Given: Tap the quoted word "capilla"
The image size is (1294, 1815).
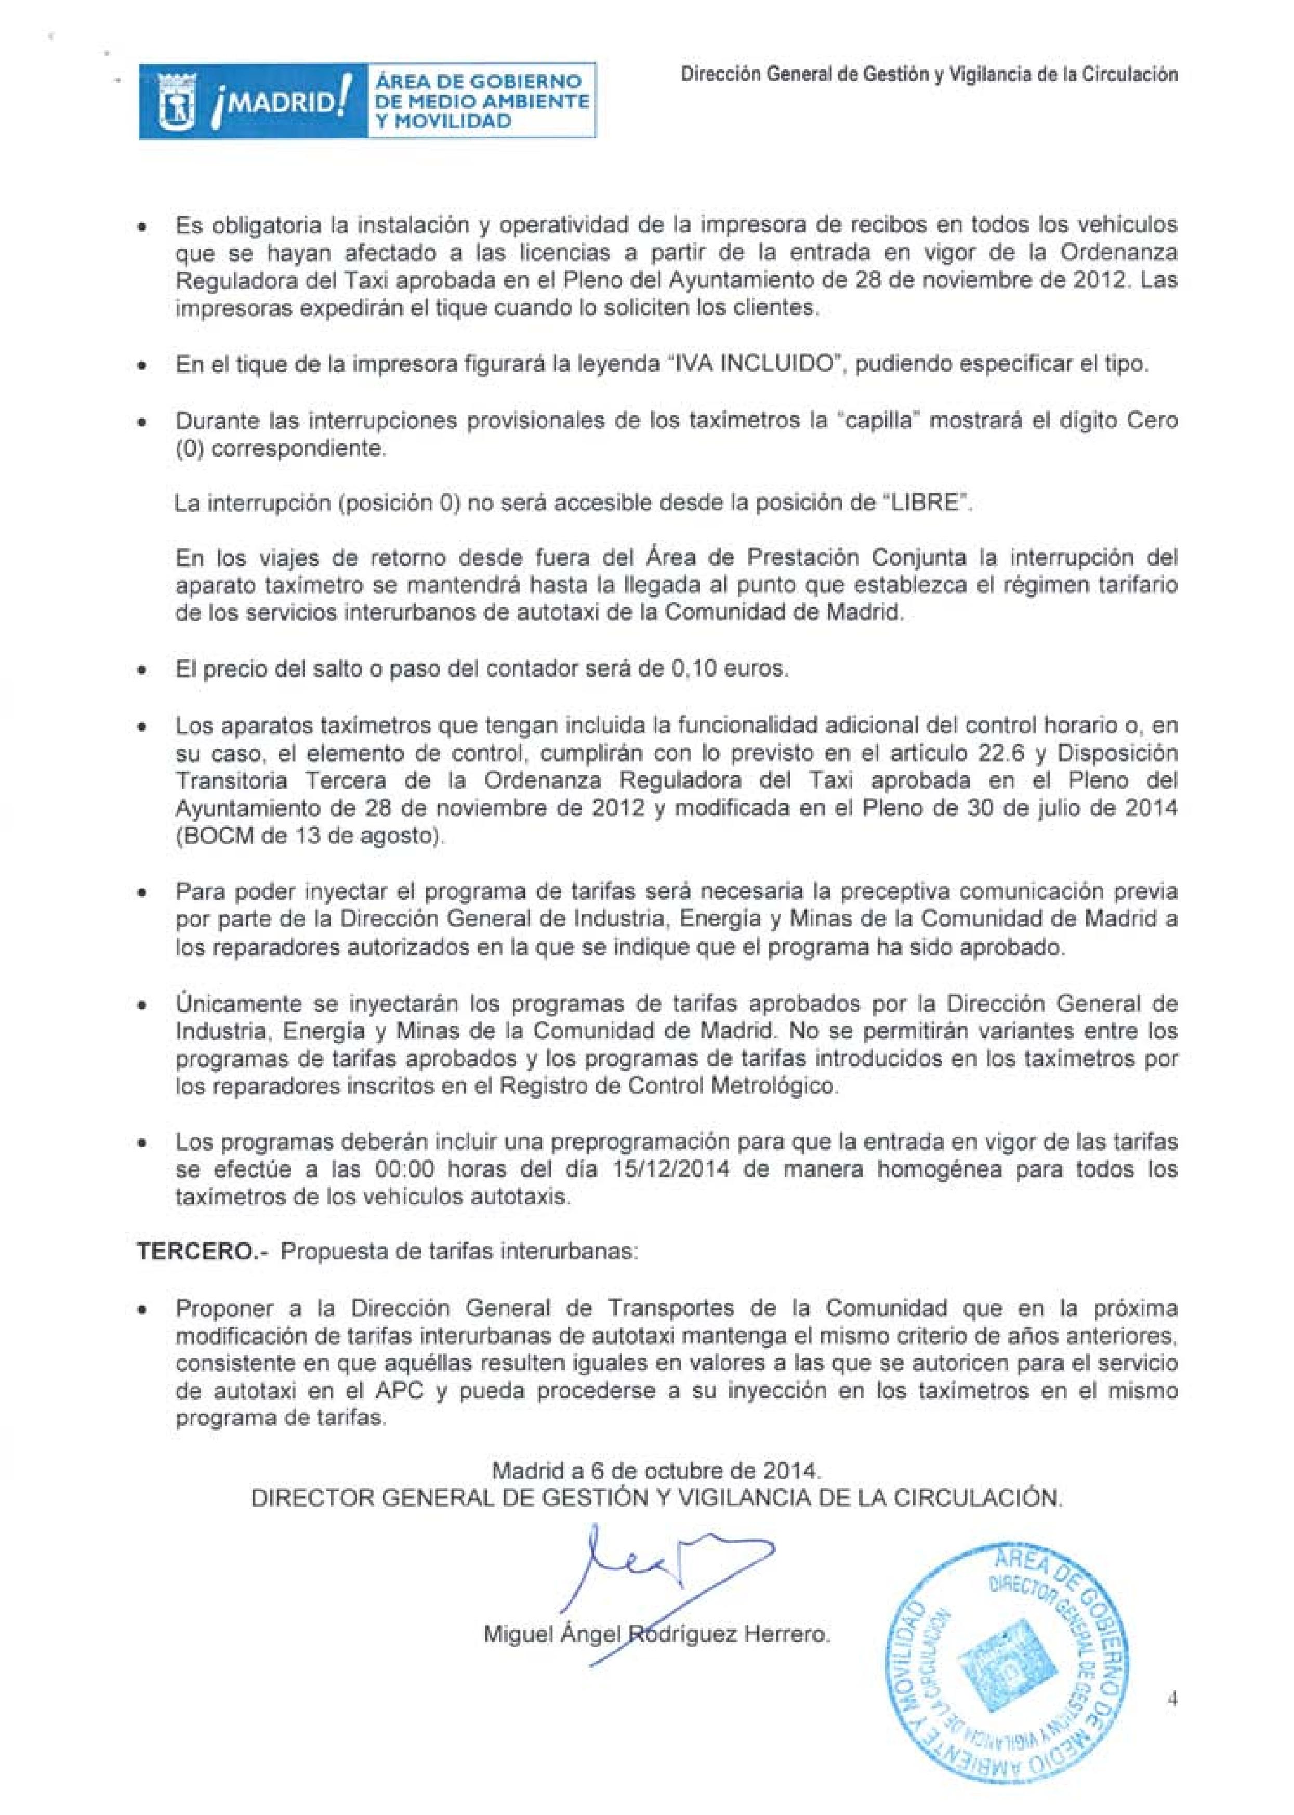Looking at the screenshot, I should coord(877,420).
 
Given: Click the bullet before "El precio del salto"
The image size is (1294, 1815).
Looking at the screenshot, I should coord(141,669).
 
